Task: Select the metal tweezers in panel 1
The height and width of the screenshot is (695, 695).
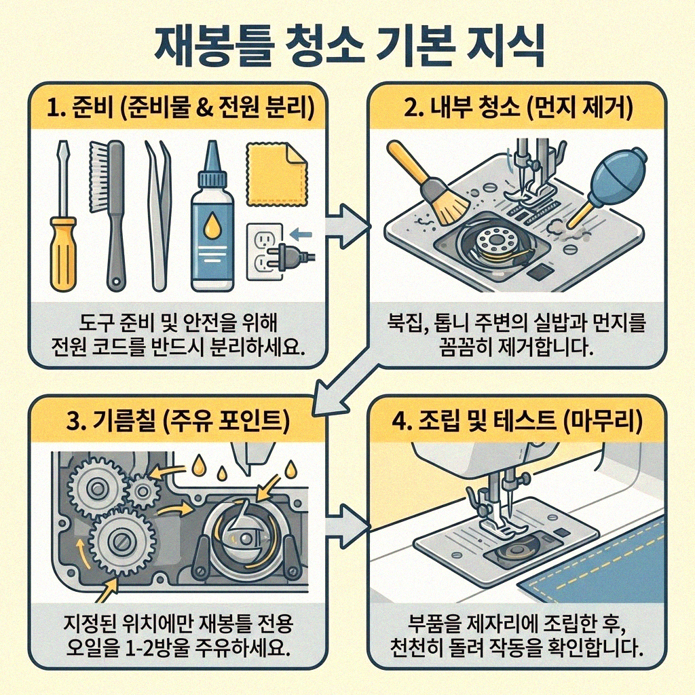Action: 158,217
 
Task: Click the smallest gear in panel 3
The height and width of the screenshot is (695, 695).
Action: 143,487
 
